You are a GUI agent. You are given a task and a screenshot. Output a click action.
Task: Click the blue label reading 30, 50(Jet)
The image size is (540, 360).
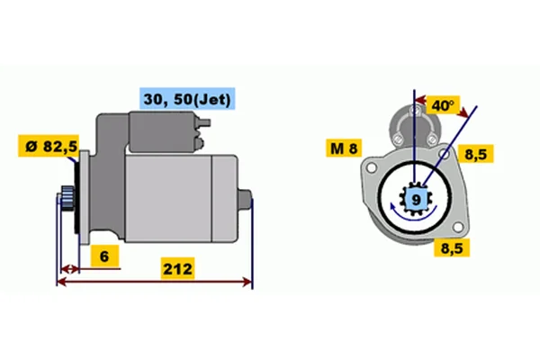[x=187, y=99]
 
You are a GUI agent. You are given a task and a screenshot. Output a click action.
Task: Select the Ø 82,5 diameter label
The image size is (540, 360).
[x=49, y=146]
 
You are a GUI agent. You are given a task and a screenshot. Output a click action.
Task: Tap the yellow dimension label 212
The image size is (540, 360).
[x=177, y=268]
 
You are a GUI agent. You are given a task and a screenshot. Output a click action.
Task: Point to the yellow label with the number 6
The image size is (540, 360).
[x=104, y=256]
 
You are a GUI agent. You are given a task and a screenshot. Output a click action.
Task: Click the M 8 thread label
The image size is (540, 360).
[x=344, y=148]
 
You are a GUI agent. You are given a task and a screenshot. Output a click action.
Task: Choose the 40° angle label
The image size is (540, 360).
[x=443, y=105]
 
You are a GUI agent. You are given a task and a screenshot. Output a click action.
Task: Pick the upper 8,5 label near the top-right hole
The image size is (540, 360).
[x=475, y=154]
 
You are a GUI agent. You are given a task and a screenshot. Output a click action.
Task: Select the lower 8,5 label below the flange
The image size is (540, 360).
[x=452, y=247]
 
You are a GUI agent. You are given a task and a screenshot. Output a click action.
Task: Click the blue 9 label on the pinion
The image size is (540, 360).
[x=417, y=200]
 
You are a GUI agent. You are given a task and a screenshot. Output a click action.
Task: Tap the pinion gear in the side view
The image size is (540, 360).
[x=67, y=199]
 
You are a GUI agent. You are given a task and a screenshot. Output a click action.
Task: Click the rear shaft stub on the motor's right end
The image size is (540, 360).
[x=245, y=200]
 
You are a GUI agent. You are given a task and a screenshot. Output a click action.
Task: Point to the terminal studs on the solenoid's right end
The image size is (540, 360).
[x=202, y=132]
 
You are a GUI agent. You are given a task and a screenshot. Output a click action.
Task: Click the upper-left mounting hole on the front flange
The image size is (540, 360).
[x=371, y=168]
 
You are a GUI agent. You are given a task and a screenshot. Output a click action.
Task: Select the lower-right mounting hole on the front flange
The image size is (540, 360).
[x=458, y=227]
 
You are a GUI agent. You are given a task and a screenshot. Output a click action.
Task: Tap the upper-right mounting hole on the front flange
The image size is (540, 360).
[x=445, y=154]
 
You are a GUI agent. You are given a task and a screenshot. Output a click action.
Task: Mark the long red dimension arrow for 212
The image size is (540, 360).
[x=154, y=282]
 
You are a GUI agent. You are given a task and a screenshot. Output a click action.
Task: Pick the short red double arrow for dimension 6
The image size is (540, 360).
[x=70, y=269]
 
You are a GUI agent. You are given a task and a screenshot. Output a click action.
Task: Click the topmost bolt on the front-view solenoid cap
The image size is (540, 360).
[x=415, y=111]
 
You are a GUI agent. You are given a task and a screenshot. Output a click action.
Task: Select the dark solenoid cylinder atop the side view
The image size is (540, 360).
[x=163, y=131]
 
